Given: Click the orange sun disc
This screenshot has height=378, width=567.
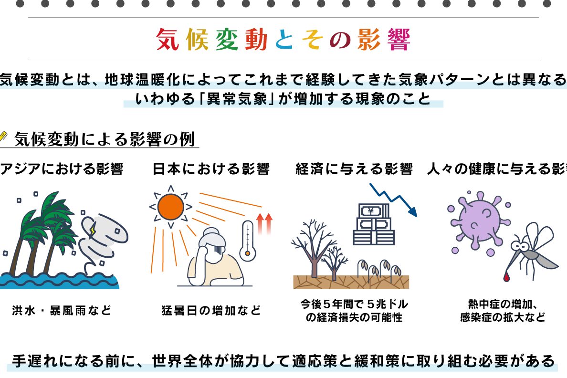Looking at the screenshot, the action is click(x=171, y=207).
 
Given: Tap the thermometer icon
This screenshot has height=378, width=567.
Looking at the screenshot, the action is click(x=248, y=240).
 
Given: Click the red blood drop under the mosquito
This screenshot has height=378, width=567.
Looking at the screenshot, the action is click(x=506, y=277).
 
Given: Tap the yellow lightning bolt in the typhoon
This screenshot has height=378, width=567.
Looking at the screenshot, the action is click(x=93, y=229).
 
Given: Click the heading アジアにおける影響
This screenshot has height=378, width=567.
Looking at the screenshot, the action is click(x=62, y=169).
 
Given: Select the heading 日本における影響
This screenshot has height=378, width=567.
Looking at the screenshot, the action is click(x=211, y=169).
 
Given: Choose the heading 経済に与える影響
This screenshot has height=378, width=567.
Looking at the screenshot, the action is click(x=354, y=169).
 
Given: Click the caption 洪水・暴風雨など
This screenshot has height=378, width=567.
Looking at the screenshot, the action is click(x=62, y=310).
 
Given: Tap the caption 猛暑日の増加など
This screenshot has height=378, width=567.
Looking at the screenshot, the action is click(x=211, y=310).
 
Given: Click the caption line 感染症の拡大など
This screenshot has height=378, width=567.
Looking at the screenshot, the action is click(x=503, y=317).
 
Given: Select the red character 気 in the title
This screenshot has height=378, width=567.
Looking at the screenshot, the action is click(x=168, y=39).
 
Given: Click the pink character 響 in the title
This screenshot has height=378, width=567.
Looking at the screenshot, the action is click(x=399, y=39).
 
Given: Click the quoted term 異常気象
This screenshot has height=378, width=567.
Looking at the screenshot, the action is click(x=237, y=99).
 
